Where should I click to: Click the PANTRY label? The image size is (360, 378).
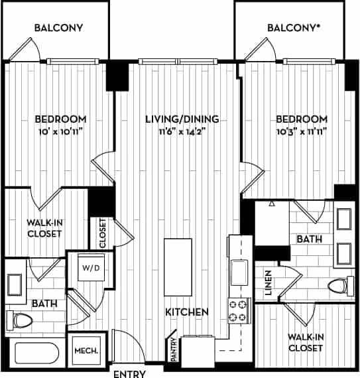coord(174,351)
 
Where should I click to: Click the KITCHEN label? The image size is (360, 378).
coord(188,311)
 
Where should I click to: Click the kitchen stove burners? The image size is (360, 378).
coord(237,309)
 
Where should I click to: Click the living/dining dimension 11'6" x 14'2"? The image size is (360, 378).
coord(182,131)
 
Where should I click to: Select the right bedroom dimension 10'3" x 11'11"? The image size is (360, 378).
coord(301,131)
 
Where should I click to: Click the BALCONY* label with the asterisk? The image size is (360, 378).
coord(294,28)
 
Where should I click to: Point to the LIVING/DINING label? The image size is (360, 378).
coord(182,119)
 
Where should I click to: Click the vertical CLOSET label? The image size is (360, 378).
coord(103,233)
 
